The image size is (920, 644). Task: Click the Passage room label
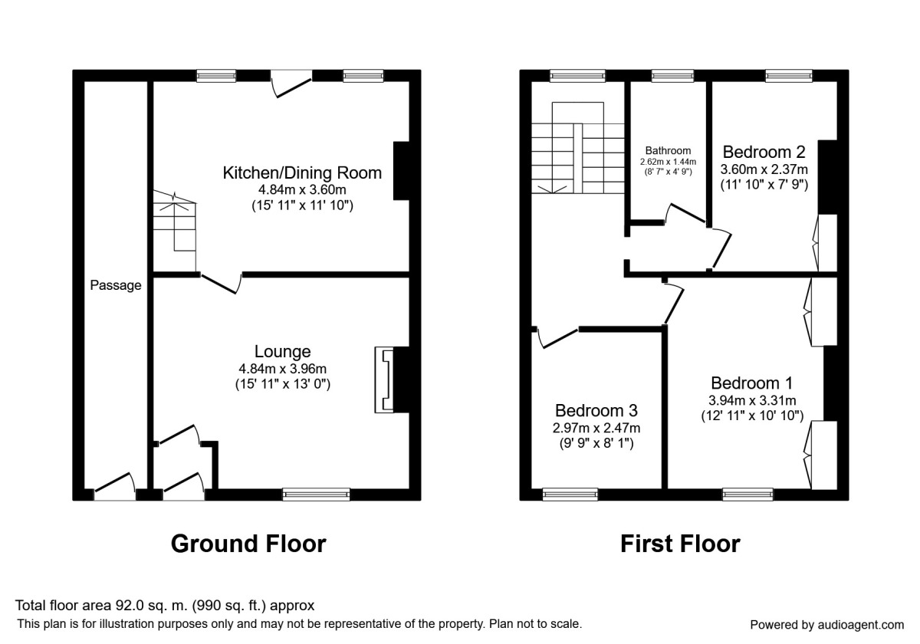[116, 286]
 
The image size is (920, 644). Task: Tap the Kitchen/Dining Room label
[301, 172]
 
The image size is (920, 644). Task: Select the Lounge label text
[283, 352]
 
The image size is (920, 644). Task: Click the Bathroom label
[668, 151]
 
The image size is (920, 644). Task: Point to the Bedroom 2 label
[764, 151]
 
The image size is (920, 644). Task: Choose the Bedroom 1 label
[751, 383]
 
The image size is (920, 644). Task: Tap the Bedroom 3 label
[596, 411]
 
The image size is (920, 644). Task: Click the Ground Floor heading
[248, 544]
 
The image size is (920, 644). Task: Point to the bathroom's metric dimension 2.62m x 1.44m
[668, 162]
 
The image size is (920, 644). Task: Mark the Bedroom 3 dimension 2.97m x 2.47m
[597, 429]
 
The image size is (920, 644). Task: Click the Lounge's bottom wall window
[316, 495]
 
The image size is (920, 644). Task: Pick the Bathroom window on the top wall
[672, 75]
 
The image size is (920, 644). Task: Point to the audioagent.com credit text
[826, 624]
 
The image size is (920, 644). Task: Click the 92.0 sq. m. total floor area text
[165, 606]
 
